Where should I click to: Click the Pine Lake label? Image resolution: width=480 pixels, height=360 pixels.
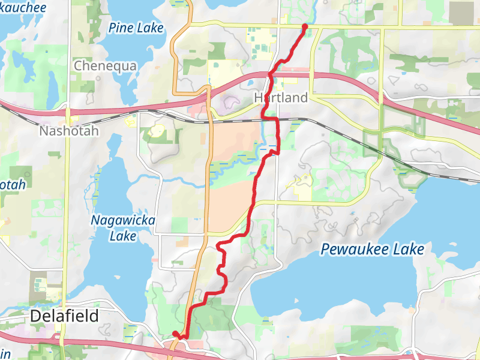(136, 28)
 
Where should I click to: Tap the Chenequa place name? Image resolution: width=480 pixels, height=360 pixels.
(105, 66)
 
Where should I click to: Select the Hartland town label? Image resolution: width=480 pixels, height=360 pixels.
(281, 97)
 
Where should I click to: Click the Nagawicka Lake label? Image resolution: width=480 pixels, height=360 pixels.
(122, 228)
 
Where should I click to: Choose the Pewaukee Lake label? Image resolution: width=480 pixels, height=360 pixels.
(372, 249)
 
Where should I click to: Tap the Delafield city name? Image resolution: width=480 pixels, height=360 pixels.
(64, 316)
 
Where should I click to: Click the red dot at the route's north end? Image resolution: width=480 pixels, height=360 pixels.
(305, 26)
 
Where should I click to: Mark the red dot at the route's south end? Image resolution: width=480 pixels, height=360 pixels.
(175, 334)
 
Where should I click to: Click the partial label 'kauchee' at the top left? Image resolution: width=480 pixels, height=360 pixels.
(23, 8)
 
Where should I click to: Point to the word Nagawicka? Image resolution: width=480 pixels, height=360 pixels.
(122, 221)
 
